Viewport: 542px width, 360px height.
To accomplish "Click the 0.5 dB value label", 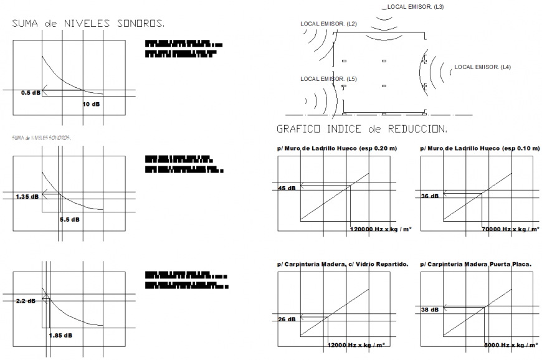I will [x=31, y=93].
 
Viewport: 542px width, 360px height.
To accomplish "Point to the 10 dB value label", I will [x=91, y=104].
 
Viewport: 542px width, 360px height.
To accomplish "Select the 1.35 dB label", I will [x=27, y=196].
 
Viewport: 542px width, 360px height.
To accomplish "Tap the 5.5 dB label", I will [x=70, y=219].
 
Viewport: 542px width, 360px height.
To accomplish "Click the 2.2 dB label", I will [x=26, y=301].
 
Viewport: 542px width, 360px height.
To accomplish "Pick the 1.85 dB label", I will [x=60, y=335].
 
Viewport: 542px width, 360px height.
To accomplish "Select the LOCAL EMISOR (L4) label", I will [x=483, y=67].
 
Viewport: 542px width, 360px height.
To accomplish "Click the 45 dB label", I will [x=287, y=188].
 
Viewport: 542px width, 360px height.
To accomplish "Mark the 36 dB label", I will [x=430, y=196].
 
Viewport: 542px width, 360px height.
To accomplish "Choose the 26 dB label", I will [x=287, y=320].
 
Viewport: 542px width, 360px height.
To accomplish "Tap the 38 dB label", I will [x=430, y=310].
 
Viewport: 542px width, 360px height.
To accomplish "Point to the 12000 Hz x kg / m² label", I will [x=356, y=344].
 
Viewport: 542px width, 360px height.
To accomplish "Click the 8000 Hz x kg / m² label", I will [x=510, y=344].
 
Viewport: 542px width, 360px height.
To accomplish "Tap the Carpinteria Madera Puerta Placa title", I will [x=476, y=264].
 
